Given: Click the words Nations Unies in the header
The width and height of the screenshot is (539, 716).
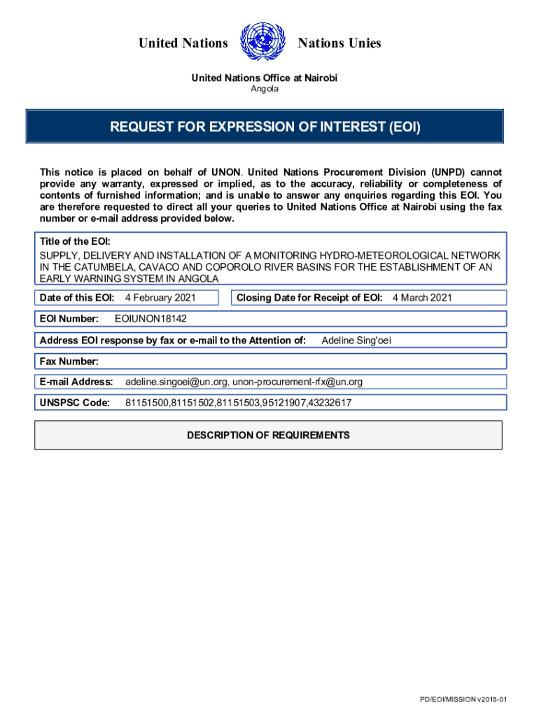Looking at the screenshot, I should [x=339, y=43].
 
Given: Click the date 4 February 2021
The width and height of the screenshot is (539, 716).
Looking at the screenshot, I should [x=160, y=298].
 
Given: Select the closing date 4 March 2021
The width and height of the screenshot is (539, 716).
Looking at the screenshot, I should [x=422, y=298].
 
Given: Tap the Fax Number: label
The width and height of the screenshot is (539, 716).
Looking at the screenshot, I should [x=69, y=361].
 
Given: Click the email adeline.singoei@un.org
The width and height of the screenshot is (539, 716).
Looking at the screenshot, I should [x=176, y=382].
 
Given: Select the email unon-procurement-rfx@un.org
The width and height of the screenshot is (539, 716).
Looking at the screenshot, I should [x=297, y=382].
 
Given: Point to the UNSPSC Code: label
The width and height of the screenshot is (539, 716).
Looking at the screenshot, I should [x=75, y=403].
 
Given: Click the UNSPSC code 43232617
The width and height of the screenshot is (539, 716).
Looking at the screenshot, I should [x=328, y=403].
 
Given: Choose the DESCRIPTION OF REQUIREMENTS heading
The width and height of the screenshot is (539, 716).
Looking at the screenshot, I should [x=268, y=435].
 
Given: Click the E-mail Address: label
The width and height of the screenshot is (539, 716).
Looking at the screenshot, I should [x=76, y=382].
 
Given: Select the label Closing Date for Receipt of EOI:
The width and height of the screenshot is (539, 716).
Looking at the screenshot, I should [x=309, y=298].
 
